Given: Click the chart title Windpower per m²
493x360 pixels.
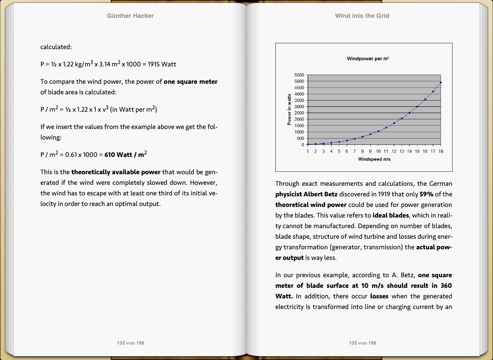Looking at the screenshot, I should tap(368, 59).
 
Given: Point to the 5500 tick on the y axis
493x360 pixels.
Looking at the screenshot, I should tap(299, 76).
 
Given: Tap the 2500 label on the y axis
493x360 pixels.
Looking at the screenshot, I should tap(299, 113).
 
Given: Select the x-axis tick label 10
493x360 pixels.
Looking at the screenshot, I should tap(378, 151).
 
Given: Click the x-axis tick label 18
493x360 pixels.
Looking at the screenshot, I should tap(441, 151).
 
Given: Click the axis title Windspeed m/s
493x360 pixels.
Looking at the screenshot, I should tap(374, 159).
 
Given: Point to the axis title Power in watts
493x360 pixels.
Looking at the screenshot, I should tap(289, 110).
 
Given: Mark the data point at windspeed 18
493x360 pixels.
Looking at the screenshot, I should tap(441, 83).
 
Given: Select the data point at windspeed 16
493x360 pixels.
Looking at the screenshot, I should tap(425, 100).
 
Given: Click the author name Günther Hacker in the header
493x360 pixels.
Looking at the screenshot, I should tap(130, 16).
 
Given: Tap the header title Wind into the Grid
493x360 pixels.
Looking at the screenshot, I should tap(362, 16).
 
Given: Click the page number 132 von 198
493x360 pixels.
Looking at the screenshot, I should tap(130, 343).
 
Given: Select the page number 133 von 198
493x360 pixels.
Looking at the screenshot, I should tap(363, 343).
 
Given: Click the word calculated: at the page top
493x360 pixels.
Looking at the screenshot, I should tap(56, 47).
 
